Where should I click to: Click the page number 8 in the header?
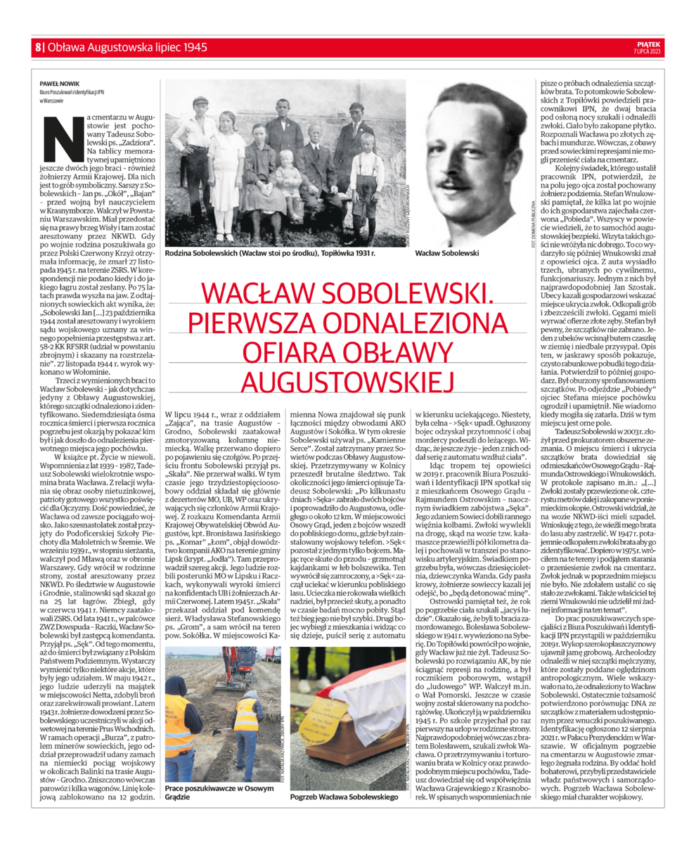[37, 48]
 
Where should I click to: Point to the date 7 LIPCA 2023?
[647, 51]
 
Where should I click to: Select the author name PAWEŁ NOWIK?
[58, 83]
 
